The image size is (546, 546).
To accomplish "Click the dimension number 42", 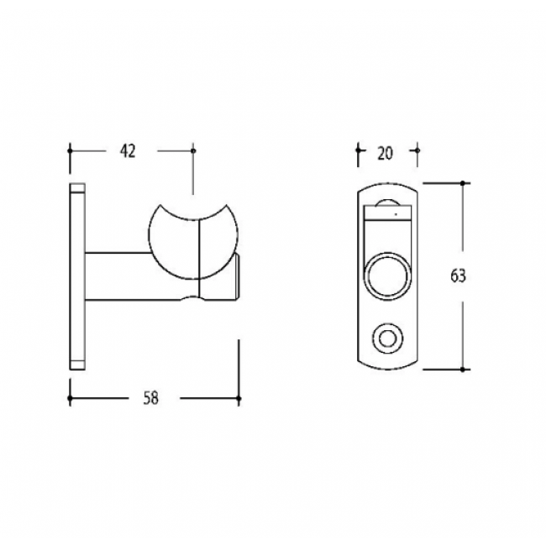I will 128,151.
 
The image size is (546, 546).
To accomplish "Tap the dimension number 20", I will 386,152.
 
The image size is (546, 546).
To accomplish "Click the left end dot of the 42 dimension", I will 70,151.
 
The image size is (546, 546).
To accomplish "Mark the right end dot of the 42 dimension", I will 193,151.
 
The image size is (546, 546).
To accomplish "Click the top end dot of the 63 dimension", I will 463,182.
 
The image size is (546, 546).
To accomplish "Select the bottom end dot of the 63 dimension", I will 463,369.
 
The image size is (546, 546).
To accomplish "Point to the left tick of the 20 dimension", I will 359,152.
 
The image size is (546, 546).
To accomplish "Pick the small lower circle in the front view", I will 387,339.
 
